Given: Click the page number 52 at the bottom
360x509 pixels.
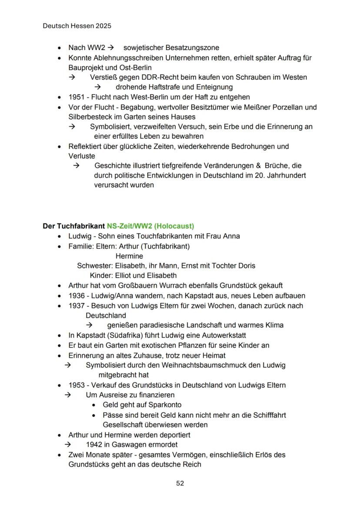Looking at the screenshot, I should (x=180, y=483).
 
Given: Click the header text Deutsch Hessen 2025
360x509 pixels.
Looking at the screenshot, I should (x=77, y=26).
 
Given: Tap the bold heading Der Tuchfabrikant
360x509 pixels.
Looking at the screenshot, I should (x=73, y=226).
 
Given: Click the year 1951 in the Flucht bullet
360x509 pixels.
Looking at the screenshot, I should (x=77, y=97).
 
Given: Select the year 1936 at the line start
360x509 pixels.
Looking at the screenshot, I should (x=77, y=296).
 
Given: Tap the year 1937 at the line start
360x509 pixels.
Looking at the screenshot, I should (x=77, y=306).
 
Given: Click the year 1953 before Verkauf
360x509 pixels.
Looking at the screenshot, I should (x=77, y=385).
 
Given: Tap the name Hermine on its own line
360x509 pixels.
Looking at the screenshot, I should (x=129, y=256).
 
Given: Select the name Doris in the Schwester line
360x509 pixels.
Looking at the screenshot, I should (x=247, y=266).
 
